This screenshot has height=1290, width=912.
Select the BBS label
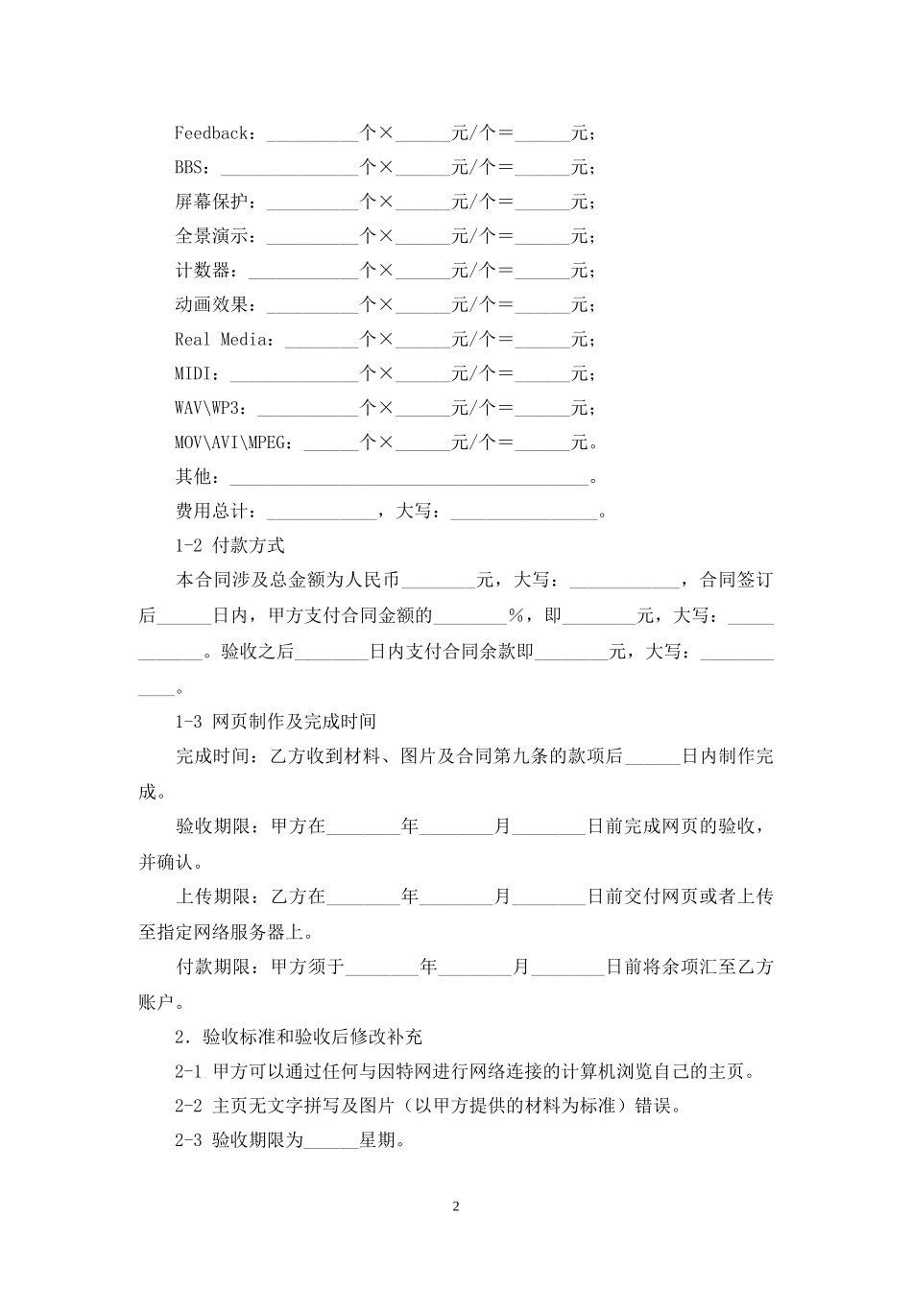[x=189, y=168]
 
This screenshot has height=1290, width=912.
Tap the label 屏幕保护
[x=211, y=203]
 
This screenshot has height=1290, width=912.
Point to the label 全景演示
[x=211, y=237]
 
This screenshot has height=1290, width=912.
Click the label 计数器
[x=203, y=271]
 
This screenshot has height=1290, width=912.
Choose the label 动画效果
[x=211, y=305]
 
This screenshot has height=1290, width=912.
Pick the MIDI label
[x=194, y=374]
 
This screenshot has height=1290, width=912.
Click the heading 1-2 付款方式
[x=230, y=545]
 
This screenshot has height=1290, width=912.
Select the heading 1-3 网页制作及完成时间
[x=276, y=721]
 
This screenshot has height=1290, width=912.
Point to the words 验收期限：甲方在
[x=251, y=825]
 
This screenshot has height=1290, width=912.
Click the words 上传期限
[x=212, y=896]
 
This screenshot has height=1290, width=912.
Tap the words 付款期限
[x=212, y=967]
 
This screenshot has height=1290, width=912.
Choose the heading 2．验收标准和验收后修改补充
[x=299, y=1038]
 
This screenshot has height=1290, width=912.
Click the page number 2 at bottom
[x=456, y=1206]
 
